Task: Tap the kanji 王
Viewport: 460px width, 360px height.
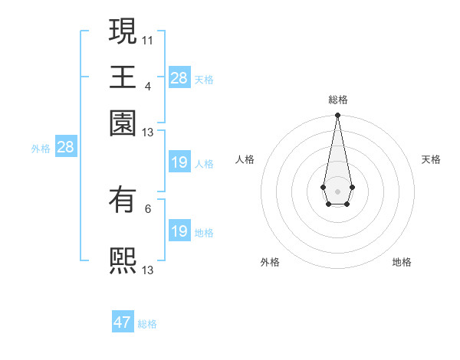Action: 123,77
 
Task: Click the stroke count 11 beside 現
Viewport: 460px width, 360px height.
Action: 148,39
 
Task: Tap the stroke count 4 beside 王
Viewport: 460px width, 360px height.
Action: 148,85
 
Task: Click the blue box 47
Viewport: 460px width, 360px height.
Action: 123,322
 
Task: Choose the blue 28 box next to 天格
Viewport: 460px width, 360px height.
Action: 179,78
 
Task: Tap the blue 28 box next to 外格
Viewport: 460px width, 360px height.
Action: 65,147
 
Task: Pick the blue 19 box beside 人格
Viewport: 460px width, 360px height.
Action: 179,162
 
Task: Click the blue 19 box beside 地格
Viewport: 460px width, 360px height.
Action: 179,231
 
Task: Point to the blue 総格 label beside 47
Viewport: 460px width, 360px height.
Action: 147,324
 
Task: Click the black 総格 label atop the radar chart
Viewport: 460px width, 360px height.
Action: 337,100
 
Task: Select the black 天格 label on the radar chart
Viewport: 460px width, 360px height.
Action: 431,159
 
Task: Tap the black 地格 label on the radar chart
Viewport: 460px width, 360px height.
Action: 402,262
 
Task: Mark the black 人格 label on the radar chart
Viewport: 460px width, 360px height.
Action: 245,159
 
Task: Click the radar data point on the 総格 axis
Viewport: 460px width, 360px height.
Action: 337,116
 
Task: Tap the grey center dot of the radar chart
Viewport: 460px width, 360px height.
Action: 337,190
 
